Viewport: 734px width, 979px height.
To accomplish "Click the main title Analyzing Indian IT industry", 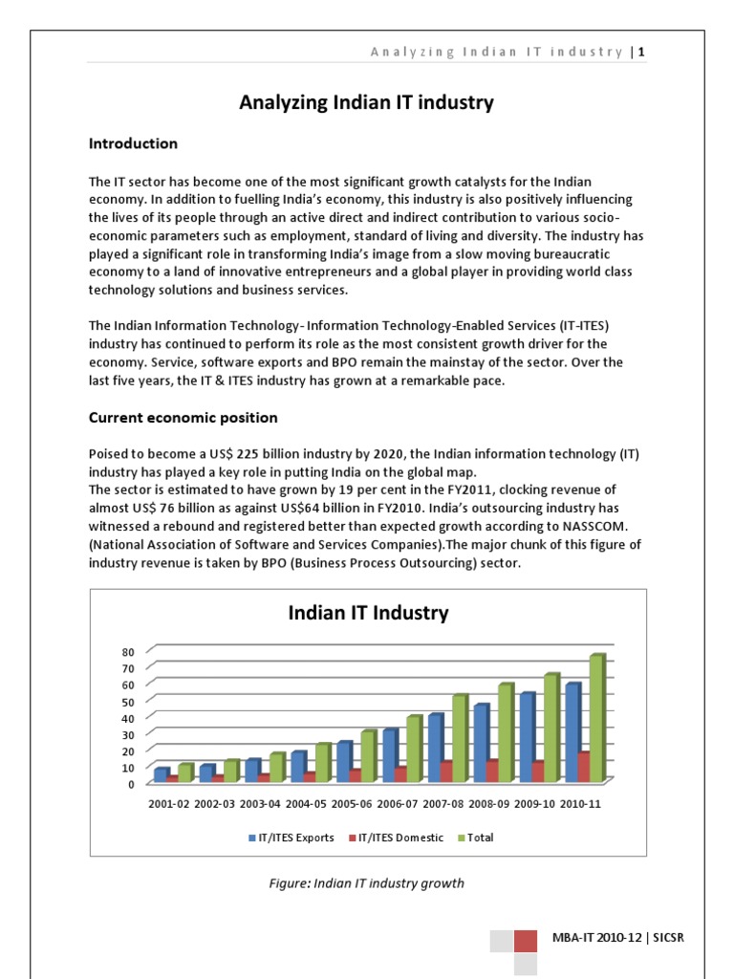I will coord(367,102).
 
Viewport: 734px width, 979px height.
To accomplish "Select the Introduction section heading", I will coord(133,143).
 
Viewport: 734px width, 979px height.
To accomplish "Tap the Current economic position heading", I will coord(183,418).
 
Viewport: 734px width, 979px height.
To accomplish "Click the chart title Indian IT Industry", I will coord(368,613).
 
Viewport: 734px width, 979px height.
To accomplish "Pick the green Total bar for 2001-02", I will coord(184,772).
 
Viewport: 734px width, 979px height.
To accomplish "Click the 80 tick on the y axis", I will coord(128,652).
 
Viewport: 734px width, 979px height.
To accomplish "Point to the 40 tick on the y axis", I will coord(128,718).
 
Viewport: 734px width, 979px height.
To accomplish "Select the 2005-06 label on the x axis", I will coord(353,804).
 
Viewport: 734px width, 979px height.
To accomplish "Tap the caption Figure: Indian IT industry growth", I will coord(367,883).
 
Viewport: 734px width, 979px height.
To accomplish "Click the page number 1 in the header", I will coord(642,52).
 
